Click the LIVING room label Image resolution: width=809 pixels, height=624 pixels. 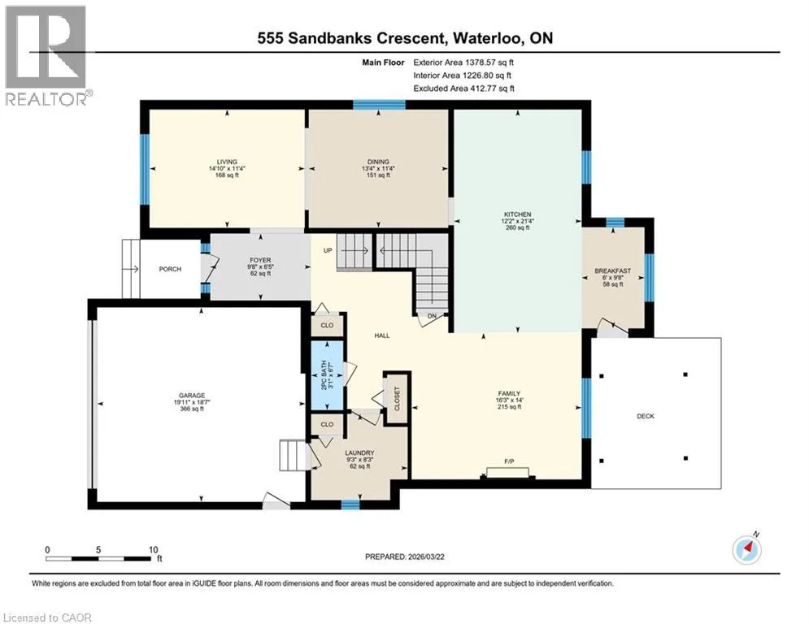click(227, 162)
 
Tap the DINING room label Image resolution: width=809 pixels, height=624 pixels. click(379, 162)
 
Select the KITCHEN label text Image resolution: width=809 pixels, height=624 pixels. click(517, 214)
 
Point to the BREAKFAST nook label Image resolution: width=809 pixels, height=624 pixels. click(613, 271)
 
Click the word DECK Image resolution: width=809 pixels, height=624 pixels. click(646, 416)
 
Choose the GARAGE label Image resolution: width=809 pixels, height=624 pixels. click(192, 396)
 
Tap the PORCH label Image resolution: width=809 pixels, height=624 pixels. click(170, 269)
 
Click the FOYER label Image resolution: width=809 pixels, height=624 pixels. click(260, 261)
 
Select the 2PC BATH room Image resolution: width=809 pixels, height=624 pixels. click(328, 375)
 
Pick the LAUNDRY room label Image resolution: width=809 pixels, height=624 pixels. click(359, 453)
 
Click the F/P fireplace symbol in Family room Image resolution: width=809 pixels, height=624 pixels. click(507, 472)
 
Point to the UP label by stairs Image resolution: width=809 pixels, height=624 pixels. click(328, 250)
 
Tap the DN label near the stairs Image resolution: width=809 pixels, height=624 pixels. click(433, 316)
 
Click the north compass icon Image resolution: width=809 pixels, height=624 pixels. click(746, 550)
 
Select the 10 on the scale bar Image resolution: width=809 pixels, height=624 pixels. click(153, 550)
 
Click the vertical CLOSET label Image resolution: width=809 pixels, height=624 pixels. click(397, 399)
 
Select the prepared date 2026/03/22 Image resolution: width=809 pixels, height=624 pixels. click(427, 557)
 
